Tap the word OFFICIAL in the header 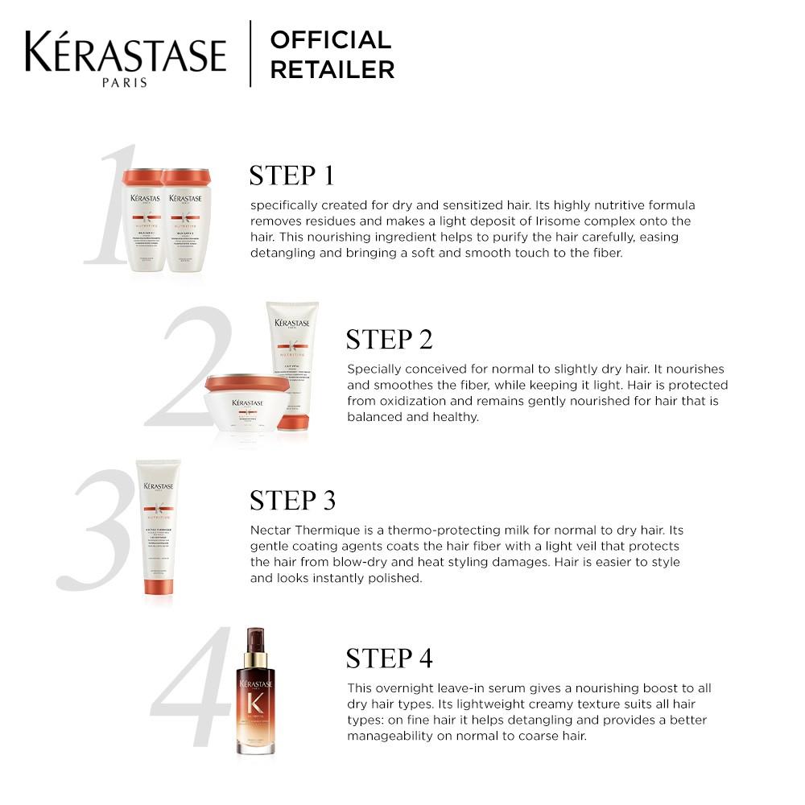pyautogui.click(x=330, y=39)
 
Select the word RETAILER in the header pyautogui.click(x=332, y=70)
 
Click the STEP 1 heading pyautogui.click(x=291, y=175)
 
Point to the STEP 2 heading pyautogui.click(x=389, y=340)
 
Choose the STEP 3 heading pyautogui.click(x=292, y=500)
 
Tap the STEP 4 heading pyautogui.click(x=389, y=658)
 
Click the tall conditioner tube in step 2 pyautogui.click(x=292, y=362)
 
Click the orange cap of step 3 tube pyautogui.click(x=159, y=585)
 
